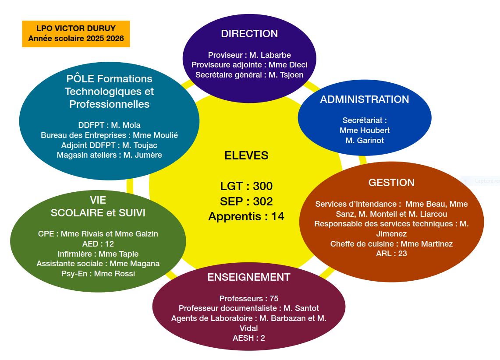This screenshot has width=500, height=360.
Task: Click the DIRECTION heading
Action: [249, 34]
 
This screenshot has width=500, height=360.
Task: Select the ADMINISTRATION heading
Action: [364, 99]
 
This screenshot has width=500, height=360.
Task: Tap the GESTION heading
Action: [391, 183]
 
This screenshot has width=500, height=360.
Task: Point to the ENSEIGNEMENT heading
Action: [248, 277]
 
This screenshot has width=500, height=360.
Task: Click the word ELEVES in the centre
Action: [246, 155]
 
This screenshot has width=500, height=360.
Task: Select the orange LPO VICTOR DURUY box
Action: [76, 34]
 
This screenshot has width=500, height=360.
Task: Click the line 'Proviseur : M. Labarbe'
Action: [249, 55]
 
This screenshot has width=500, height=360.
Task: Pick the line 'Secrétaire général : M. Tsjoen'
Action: [249, 75]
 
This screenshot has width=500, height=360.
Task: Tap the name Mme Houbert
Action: [364, 131]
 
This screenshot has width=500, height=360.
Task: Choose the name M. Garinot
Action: [364, 141]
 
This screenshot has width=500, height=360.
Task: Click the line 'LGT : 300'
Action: [246, 186]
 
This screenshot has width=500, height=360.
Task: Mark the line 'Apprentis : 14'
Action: [246, 216]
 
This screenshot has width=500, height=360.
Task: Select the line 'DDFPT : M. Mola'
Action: [109, 125]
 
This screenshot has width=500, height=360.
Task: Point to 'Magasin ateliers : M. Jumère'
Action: [109, 155]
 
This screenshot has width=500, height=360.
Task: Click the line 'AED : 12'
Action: [98, 244]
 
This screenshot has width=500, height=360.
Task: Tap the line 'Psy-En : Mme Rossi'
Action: [98, 274]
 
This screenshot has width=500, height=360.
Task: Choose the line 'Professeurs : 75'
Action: [248, 299]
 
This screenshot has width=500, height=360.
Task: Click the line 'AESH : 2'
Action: [248, 338]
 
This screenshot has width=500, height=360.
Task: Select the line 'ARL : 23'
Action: [391, 253]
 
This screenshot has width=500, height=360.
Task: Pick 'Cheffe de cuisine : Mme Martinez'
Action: [391, 244]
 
